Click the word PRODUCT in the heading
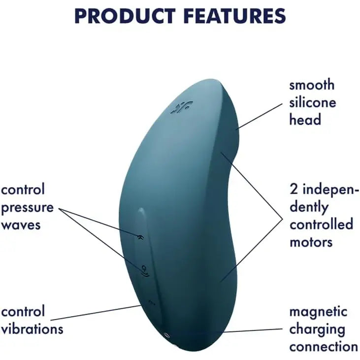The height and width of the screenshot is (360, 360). pos(125,16)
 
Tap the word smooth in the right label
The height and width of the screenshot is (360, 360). pos(311,85)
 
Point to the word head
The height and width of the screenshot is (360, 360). pos(305,119)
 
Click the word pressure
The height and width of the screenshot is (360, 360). pos(27,207)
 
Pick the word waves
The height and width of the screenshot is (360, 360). pos(21,225)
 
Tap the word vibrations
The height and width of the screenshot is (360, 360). pos(32,328)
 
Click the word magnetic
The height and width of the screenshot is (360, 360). pos(318,312)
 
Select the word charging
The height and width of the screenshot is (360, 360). pos(317,329)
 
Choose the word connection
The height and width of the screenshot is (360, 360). pos(324,346)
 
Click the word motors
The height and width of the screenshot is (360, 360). pos(311,242)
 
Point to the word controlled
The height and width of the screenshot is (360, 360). pos(321,225)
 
